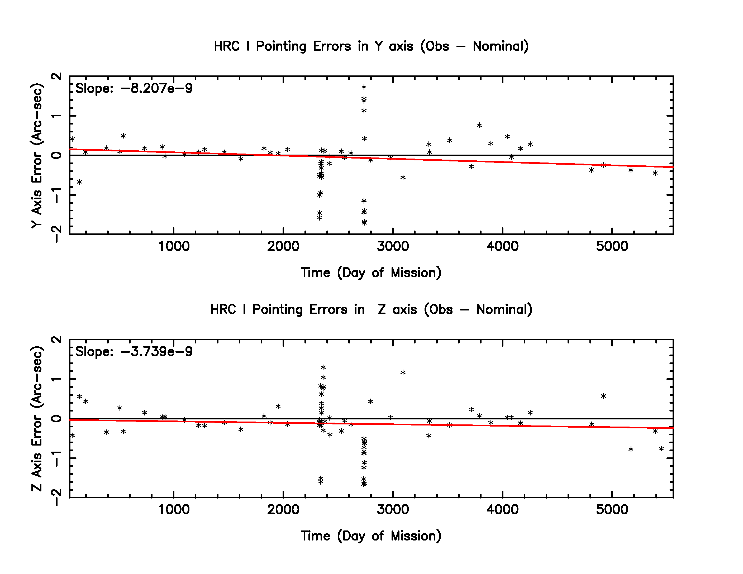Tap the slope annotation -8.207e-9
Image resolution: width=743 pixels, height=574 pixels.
134,88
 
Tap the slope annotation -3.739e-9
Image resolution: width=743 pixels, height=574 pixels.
134,352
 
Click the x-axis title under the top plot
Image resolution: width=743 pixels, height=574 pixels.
371,273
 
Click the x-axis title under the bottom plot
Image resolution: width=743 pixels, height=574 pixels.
371,536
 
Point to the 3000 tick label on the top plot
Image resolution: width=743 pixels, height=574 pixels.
393,246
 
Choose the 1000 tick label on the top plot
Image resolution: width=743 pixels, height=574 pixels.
174,246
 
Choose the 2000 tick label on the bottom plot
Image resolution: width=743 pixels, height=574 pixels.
283,509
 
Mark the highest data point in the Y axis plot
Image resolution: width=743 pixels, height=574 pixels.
364,87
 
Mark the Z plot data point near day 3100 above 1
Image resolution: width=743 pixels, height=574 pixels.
403,373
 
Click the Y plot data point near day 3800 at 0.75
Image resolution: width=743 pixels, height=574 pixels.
479,126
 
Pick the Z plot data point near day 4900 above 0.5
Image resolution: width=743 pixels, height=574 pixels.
603,396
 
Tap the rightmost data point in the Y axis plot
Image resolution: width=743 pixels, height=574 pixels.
655,173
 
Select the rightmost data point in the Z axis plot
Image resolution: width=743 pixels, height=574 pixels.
661,449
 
